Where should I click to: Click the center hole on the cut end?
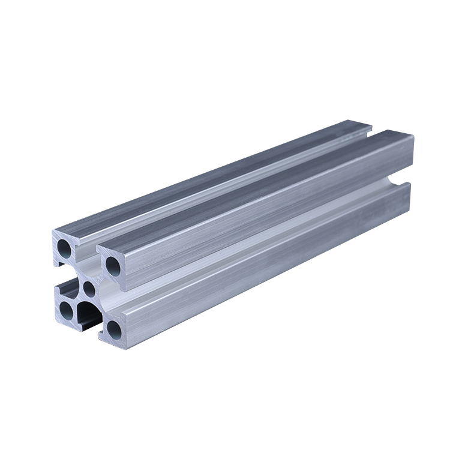tap(89, 289)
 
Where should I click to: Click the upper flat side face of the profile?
tap(270, 222)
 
